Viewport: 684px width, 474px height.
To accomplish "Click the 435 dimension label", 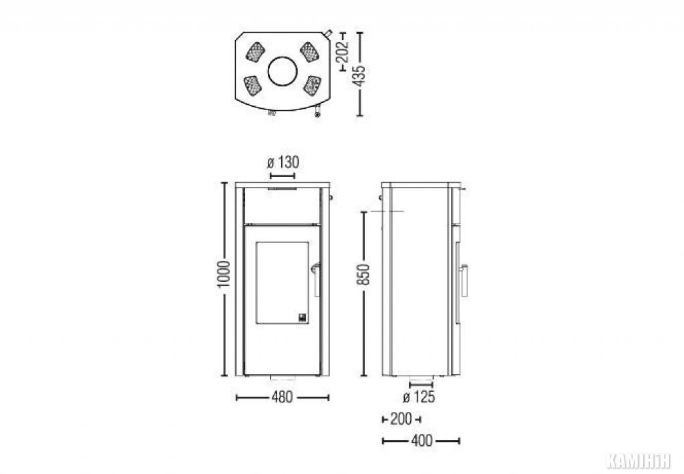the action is pyautogui.click(x=360, y=76).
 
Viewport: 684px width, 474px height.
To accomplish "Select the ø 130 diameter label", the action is pyautogui.click(x=283, y=163).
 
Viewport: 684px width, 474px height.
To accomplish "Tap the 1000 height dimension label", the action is pyautogui.click(x=224, y=274).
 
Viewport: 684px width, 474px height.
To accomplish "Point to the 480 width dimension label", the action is pyautogui.click(x=283, y=397).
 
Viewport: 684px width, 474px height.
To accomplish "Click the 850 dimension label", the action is pyautogui.click(x=363, y=274).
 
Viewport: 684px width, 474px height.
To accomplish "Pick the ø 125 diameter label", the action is pyautogui.click(x=419, y=397).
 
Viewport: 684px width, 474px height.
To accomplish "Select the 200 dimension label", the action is pyautogui.click(x=401, y=419).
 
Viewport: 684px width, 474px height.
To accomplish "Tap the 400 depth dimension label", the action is pyautogui.click(x=421, y=441).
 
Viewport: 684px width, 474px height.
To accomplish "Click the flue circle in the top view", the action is pyautogui.click(x=283, y=71).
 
